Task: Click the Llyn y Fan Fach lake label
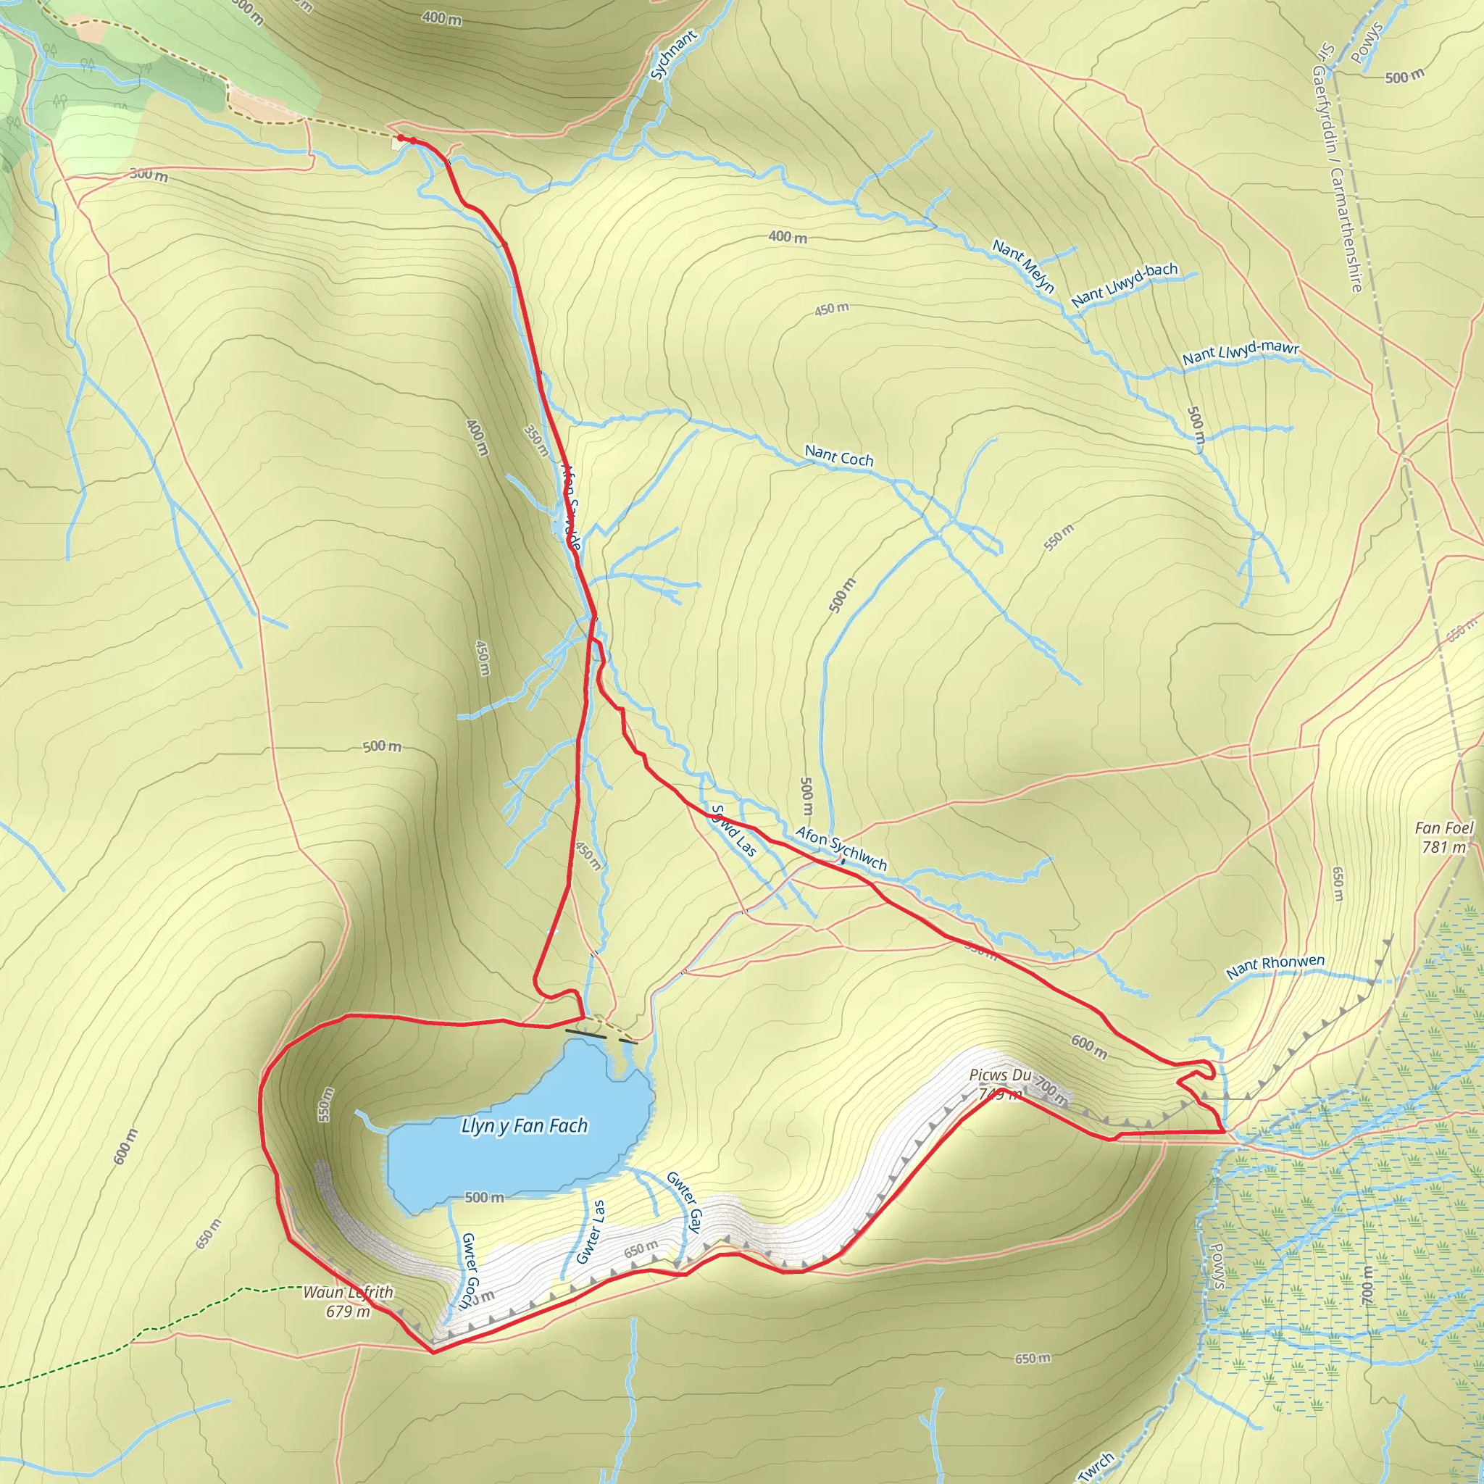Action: (524, 1126)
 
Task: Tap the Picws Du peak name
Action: (999, 1075)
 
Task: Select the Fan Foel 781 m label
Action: (1443, 837)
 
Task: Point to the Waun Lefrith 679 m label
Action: (348, 1302)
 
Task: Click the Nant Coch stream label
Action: (839, 457)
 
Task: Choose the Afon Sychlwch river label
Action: (841, 849)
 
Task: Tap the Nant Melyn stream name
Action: (1023, 266)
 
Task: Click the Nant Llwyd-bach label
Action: (1124, 284)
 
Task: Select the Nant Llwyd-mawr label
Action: (1240, 353)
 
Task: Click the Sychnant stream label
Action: (673, 54)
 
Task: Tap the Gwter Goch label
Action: (469, 1270)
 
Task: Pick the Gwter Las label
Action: (591, 1232)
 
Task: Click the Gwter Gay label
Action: (684, 1201)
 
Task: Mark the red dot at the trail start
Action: (401, 138)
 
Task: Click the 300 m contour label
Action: (149, 175)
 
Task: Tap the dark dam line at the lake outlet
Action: (585, 1034)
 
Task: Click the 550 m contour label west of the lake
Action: (325, 1104)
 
